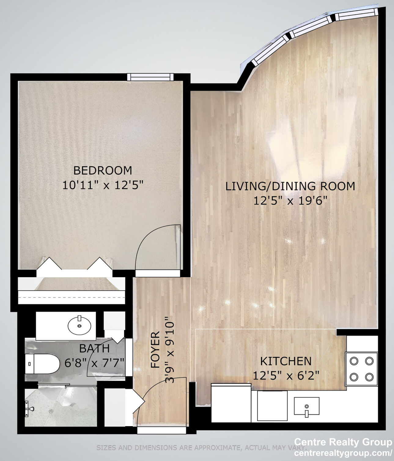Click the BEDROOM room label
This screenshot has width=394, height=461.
(x=103, y=171)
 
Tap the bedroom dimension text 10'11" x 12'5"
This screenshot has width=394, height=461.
(x=102, y=185)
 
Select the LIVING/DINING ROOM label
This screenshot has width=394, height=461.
(x=290, y=187)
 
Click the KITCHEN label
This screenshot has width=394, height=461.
(x=286, y=361)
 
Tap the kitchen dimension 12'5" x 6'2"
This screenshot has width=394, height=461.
(x=286, y=376)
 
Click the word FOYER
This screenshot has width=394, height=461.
(x=155, y=350)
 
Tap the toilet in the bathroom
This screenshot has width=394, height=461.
(x=42, y=364)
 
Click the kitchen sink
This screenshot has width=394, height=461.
(x=307, y=407)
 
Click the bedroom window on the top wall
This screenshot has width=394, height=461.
(x=150, y=77)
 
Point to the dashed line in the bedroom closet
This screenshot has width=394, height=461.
(x=71, y=298)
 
